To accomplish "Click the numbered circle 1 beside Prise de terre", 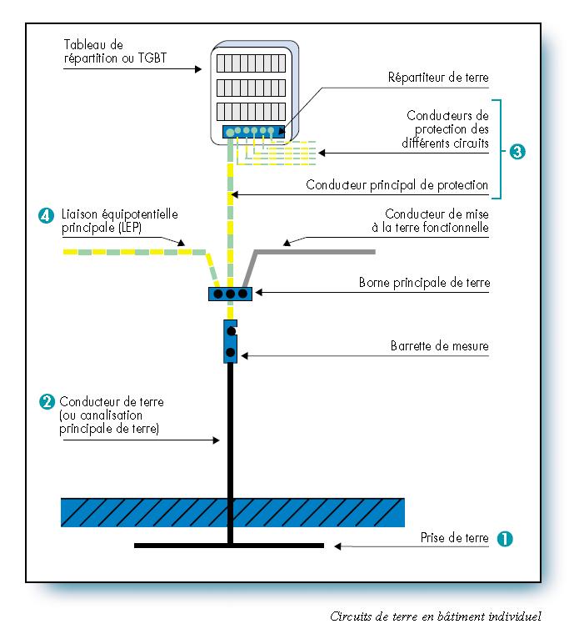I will point(504,538).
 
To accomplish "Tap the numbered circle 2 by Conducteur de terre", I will point(47,401).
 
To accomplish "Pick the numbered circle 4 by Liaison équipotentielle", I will point(47,214).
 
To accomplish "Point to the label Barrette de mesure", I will point(440,345).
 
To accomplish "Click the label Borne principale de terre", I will point(424,284).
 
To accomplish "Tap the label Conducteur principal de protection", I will point(397,184).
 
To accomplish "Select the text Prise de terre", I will point(454,538).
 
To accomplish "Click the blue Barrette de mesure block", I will point(231,340).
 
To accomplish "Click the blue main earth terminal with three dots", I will point(230,294).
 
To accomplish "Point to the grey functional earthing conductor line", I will point(317,249).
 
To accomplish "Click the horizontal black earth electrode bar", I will point(229,546).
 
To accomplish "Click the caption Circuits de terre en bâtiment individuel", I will point(435,616).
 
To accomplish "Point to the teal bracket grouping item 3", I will point(498,150).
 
